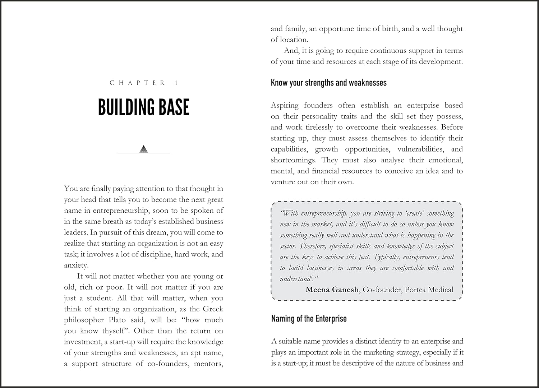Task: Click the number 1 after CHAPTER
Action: (x=176, y=83)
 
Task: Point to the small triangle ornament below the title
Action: (x=144, y=149)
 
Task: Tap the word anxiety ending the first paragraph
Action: (x=75, y=265)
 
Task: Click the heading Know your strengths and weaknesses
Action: (x=328, y=83)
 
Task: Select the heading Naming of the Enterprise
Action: (x=309, y=319)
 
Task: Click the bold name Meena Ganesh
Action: (x=332, y=290)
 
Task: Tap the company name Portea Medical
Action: (x=429, y=290)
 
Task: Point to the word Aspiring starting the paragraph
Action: (x=285, y=106)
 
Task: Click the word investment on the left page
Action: (x=82, y=342)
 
